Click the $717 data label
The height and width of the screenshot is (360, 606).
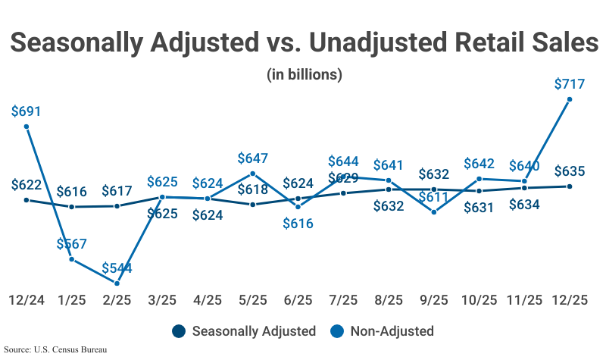pyautogui.click(x=569, y=84)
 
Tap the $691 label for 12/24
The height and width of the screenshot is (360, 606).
pyautogui.click(x=27, y=111)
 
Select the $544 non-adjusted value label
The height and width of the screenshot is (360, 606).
pyautogui.click(x=117, y=268)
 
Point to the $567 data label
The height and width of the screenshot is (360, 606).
pyautogui.click(x=71, y=244)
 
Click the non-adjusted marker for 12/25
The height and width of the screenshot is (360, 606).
pyautogui.click(x=570, y=99)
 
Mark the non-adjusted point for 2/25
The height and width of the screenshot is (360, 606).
pyautogui.click(x=117, y=283)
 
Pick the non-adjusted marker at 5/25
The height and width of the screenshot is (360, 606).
pyautogui.click(x=252, y=174)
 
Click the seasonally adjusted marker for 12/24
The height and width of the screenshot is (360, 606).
pyautogui.click(x=27, y=200)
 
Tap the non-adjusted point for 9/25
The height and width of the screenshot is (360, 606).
pyautogui.click(x=433, y=212)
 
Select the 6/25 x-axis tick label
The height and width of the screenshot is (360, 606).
pyautogui.click(x=298, y=300)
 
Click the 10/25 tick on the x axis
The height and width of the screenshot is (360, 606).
pyautogui.click(x=479, y=300)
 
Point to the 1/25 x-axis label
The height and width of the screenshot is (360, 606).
pyautogui.click(x=71, y=300)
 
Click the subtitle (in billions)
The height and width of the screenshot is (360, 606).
pyautogui.click(x=304, y=74)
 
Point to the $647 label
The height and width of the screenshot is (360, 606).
pyautogui.click(x=252, y=158)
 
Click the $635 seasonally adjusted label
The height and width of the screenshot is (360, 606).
pyautogui.click(x=569, y=171)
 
